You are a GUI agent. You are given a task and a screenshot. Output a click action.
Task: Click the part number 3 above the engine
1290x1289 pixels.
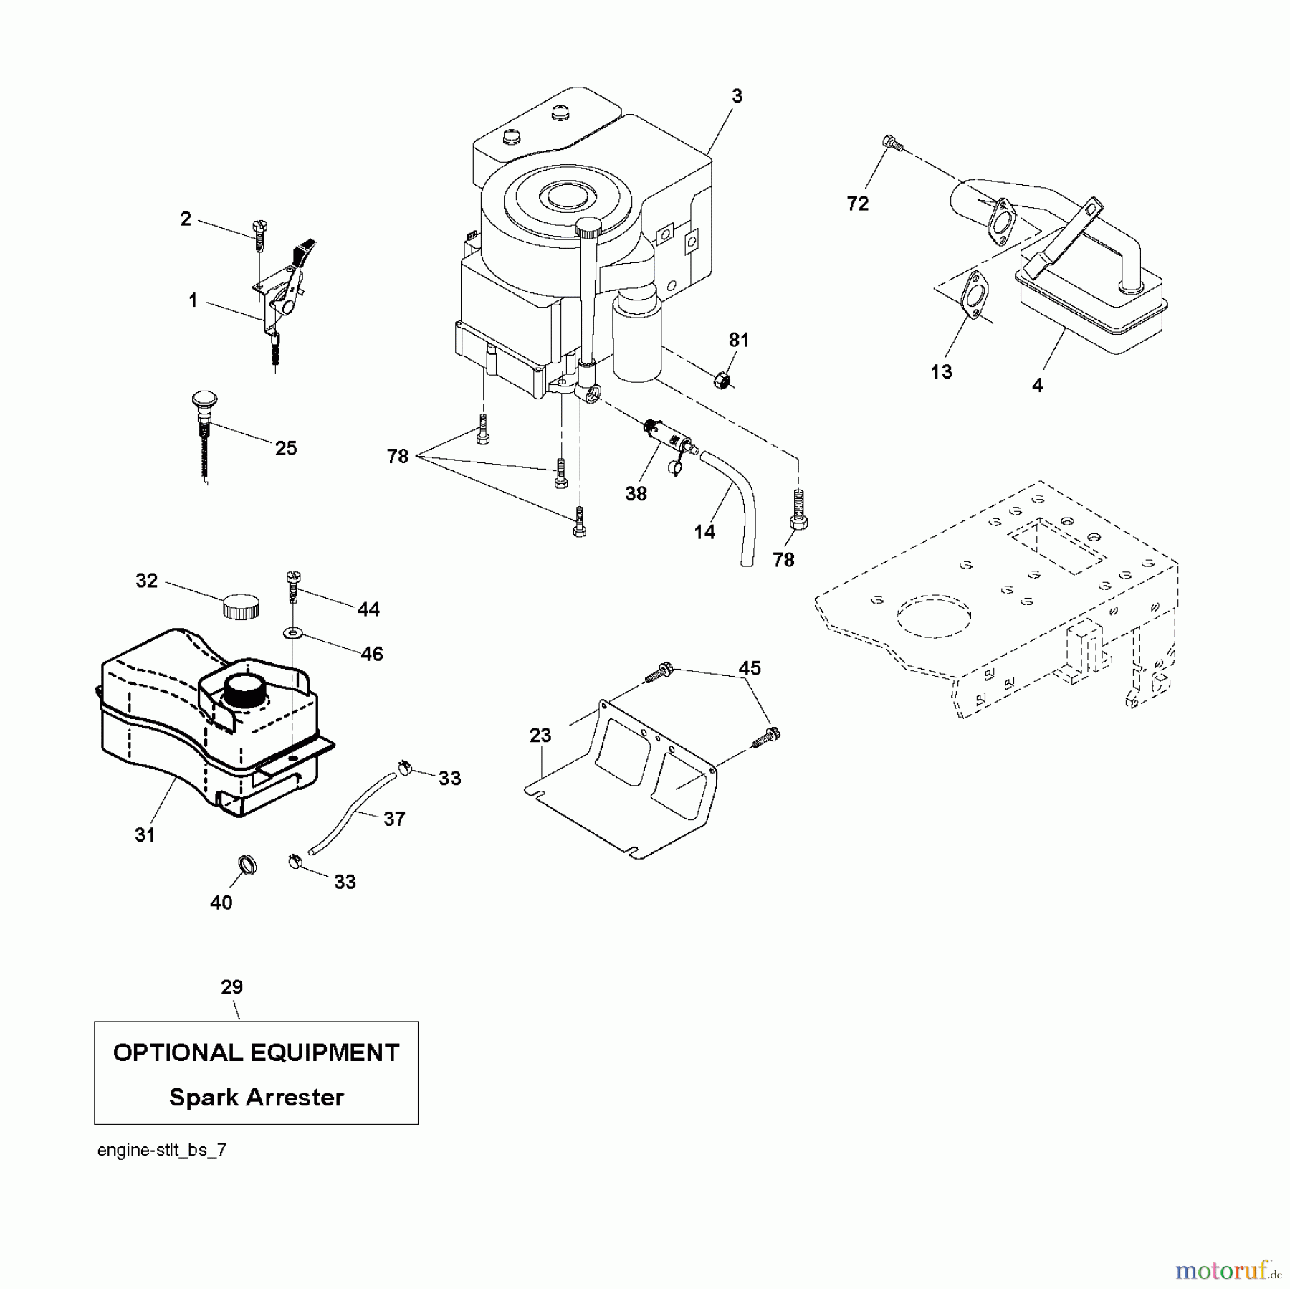coord(737,96)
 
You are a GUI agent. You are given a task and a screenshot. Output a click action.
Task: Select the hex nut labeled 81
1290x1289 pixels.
coord(722,380)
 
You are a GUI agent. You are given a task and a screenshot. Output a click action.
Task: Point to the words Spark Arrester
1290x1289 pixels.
coord(256,1098)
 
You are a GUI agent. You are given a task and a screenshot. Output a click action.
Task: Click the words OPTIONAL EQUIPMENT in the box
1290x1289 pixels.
coord(256,1052)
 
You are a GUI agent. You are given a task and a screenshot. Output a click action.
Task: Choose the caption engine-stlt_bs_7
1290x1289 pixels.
coord(162,1151)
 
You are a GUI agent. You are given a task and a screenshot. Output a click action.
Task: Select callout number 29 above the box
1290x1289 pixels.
coord(231,987)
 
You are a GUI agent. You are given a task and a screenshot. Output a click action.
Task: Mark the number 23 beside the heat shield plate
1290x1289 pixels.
coord(540,735)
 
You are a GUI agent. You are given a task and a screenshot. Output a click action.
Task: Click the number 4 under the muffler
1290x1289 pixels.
coord(1037,385)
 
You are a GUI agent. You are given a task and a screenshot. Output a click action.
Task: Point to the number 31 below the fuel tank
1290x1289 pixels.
coord(145,834)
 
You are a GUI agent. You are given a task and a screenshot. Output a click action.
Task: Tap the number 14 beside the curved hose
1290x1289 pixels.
coord(704,531)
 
